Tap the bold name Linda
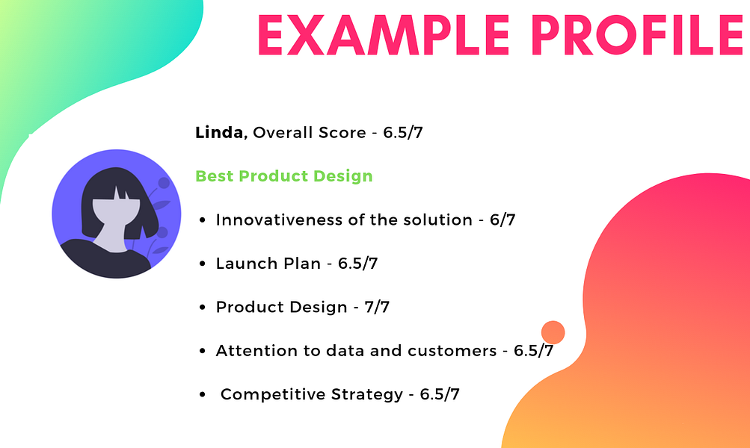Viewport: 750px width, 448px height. click(x=220, y=133)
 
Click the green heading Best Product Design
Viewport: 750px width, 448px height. click(x=283, y=176)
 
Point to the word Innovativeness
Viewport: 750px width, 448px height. click(x=275, y=220)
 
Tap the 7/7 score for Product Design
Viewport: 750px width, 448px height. click(x=376, y=307)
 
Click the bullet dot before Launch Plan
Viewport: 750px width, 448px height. click(x=203, y=264)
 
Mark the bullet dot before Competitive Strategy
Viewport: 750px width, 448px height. click(x=203, y=395)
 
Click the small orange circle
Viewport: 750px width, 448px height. click(x=552, y=332)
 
